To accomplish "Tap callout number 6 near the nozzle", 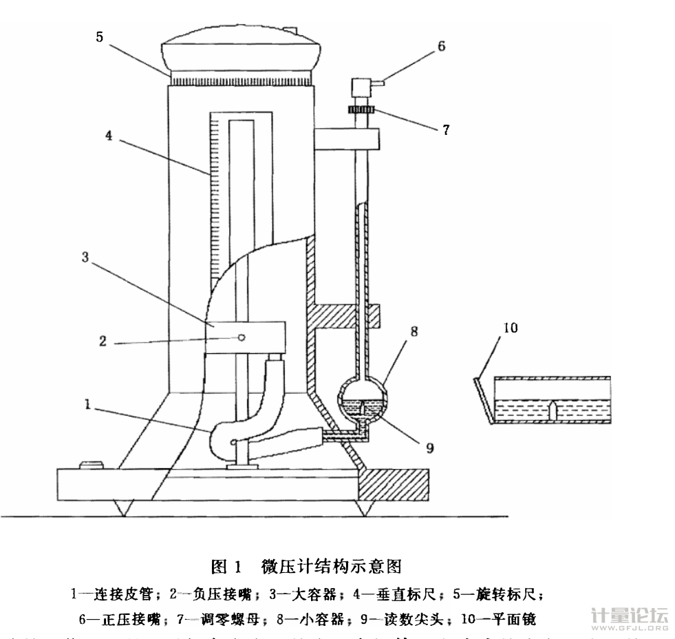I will tap(441, 47).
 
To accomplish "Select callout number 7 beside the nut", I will tap(446, 129).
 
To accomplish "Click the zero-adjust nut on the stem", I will tap(358, 112).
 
